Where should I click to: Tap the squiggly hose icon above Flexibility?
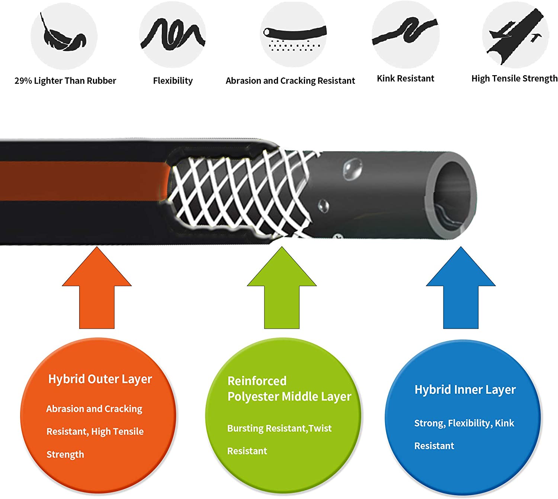pos(173,34)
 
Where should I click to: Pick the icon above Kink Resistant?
pos(405,31)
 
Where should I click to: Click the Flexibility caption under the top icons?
pos(173,81)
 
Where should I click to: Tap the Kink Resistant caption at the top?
pos(405,79)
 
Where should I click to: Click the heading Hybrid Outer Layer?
pos(100,379)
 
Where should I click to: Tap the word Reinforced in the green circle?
pos(257,381)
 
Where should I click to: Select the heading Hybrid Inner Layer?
pos(465,390)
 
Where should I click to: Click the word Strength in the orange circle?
pos(65,455)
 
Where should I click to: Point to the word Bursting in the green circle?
pos(246,428)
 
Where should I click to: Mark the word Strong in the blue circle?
pos(429,423)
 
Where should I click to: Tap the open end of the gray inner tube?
pos(455,197)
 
